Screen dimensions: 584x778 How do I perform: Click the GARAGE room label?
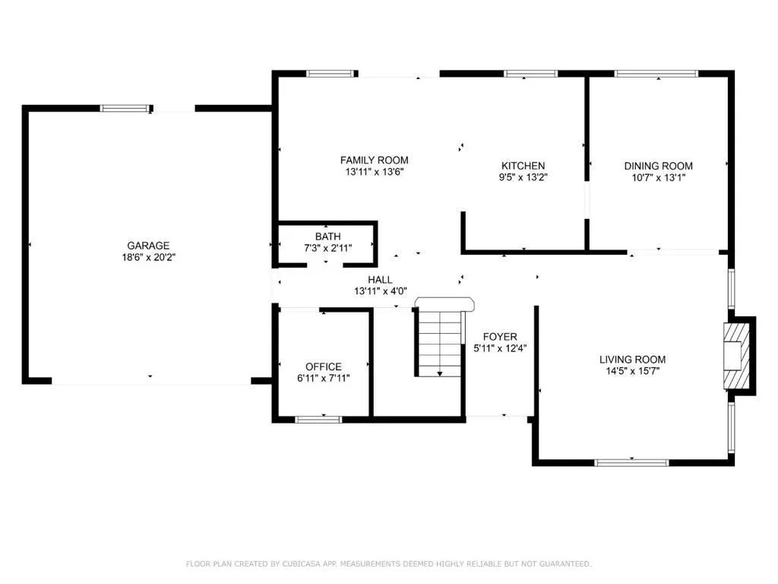(148, 246)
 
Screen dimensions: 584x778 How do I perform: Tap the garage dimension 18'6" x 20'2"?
(148, 257)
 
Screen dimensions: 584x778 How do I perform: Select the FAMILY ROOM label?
(374, 160)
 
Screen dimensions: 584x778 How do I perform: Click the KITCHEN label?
(523, 166)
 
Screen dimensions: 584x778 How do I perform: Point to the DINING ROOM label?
(658, 166)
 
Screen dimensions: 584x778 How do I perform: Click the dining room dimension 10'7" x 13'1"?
(658, 178)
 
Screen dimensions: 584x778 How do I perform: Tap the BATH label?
(327, 236)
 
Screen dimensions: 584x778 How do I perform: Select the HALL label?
(380, 280)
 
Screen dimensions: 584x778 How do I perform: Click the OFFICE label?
(324, 367)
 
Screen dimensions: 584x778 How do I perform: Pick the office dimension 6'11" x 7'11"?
(324, 378)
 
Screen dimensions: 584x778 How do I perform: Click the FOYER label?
(500, 337)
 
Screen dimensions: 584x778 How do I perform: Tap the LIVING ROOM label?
(632, 360)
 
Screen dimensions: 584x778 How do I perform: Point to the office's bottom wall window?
(318, 419)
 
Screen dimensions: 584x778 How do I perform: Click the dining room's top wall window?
(656, 74)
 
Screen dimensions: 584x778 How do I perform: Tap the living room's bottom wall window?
(631, 462)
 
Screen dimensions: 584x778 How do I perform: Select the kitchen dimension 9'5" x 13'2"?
(523, 178)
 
